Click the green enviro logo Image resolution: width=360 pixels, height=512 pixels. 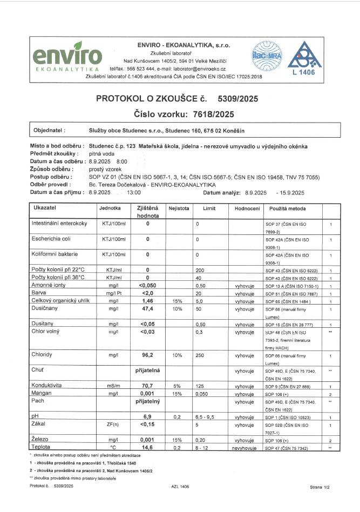pyautogui.click(x=68, y=56)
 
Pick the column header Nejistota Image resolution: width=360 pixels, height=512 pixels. pyautogui.click(x=178, y=207)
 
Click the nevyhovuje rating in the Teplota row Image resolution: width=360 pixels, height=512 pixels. pyautogui.click(x=241, y=448)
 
